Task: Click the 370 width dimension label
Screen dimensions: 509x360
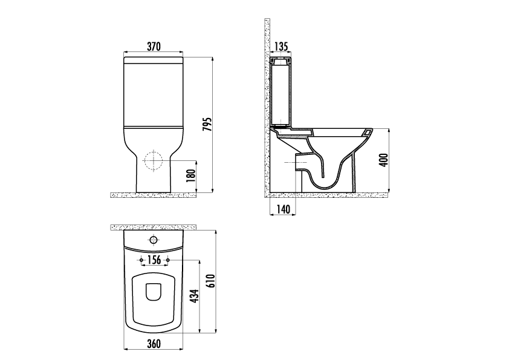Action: [x=154, y=47]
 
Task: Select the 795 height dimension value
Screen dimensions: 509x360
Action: [x=207, y=124]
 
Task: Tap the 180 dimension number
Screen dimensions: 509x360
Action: [x=192, y=176]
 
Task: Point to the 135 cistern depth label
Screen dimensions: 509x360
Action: [x=281, y=47]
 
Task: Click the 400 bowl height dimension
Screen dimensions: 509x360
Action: [x=384, y=160]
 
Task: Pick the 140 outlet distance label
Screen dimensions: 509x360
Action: [x=283, y=209]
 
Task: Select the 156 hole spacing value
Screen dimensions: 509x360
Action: [x=154, y=260]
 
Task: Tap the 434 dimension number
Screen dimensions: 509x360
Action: [x=194, y=296]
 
